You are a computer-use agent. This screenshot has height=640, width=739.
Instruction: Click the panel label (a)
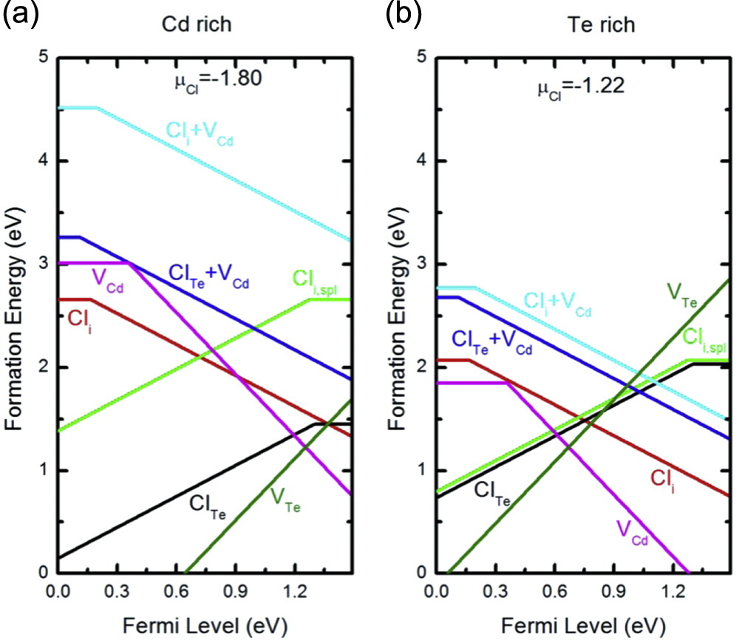21,14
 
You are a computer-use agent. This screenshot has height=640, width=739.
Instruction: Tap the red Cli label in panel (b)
665,479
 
